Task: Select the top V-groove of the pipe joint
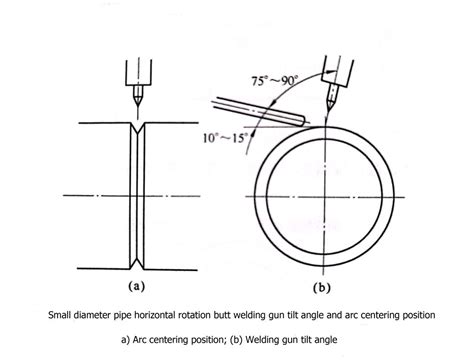click(138, 125)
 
